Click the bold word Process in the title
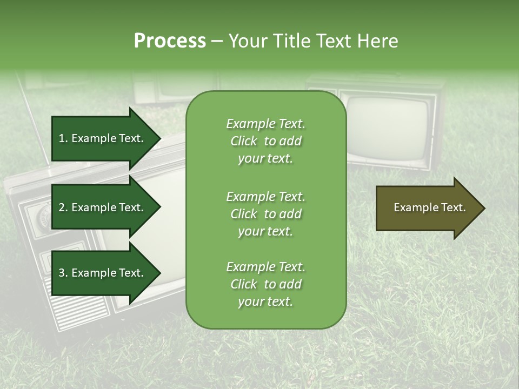pyautogui.click(x=170, y=41)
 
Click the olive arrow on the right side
pyautogui.click(x=427, y=208)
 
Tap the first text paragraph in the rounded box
pyautogui.click(x=265, y=141)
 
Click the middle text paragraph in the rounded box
pyautogui.click(x=265, y=213)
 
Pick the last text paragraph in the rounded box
pyautogui.click(x=265, y=284)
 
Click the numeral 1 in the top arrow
pyautogui.click(x=62, y=138)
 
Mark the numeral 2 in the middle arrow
pyautogui.click(x=62, y=207)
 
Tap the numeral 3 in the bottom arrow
pyautogui.click(x=62, y=273)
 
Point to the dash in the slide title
pyautogui.click(x=217, y=42)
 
